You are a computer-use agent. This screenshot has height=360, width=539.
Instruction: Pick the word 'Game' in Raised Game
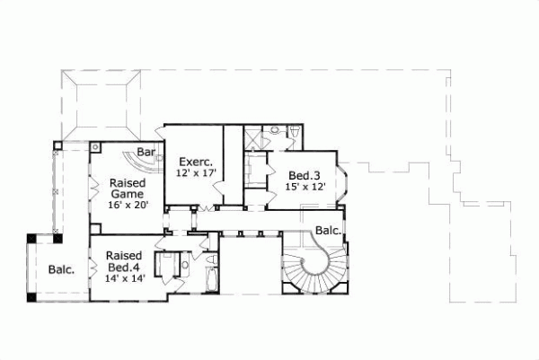tap(127, 193)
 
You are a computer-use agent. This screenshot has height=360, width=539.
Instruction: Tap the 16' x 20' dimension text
tap(127, 206)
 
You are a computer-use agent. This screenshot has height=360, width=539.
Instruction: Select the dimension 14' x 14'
tap(123, 278)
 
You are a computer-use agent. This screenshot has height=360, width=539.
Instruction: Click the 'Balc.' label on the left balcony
tap(61, 268)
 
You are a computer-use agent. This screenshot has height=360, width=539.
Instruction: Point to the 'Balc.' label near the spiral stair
tap(327, 231)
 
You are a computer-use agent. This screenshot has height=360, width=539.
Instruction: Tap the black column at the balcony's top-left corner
tap(29, 238)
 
